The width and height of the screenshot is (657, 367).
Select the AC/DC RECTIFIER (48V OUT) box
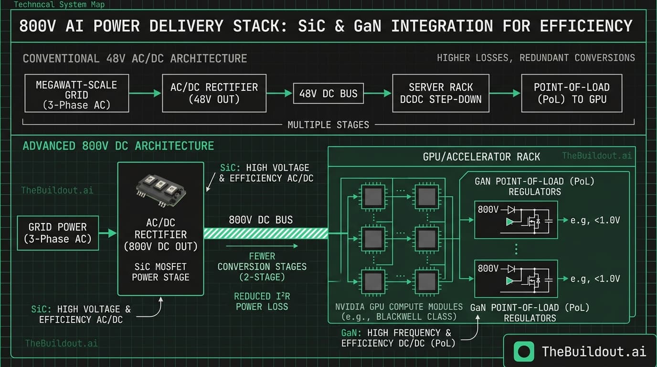click(214, 93)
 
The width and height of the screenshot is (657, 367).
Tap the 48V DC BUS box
click(328, 94)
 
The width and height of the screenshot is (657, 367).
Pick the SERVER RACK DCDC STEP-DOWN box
click(441, 93)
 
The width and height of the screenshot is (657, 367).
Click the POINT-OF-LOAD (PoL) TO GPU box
click(572, 93)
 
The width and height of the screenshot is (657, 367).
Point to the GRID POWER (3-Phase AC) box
click(58, 233)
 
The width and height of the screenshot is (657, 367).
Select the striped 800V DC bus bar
click(266, 233)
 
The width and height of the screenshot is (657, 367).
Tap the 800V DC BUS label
click(261, 220)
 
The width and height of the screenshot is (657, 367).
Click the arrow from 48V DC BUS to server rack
click(377, 94)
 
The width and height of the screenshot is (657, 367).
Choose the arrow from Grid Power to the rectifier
click(108, 233)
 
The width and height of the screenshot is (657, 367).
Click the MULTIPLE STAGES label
click(328, 125)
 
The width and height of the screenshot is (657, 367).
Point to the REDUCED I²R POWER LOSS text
click(262, 302)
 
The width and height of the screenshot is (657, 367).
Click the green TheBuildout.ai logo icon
click(524, 352)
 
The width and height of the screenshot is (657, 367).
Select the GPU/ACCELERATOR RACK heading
click(481, 156)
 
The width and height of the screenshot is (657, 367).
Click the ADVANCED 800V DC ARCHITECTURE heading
click(118, 146)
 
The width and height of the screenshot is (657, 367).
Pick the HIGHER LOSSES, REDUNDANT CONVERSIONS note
click(536, 58)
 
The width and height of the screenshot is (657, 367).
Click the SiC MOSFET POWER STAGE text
click(160, 272)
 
